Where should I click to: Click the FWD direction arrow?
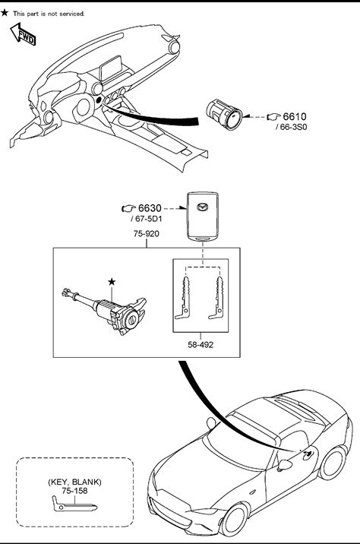point(23,34)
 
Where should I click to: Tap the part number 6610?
point(295,116)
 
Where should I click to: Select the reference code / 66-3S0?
point(292,127)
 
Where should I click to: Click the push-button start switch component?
point(224,115)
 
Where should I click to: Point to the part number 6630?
point(150,208)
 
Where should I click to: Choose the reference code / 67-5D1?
point(147,219)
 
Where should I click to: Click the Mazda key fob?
point(203,216)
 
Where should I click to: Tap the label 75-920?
point(147,234)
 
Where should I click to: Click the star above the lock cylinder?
point(112,282)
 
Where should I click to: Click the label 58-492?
point(201,345)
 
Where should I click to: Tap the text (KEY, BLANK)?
point(74,482)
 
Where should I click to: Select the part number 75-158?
point(74,491)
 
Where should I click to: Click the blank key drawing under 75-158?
point(74,504)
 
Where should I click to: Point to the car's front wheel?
point(235,520)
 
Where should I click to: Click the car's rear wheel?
point(332,462)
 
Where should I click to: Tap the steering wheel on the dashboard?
point(83,108)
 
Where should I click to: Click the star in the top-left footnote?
point(5,13)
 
